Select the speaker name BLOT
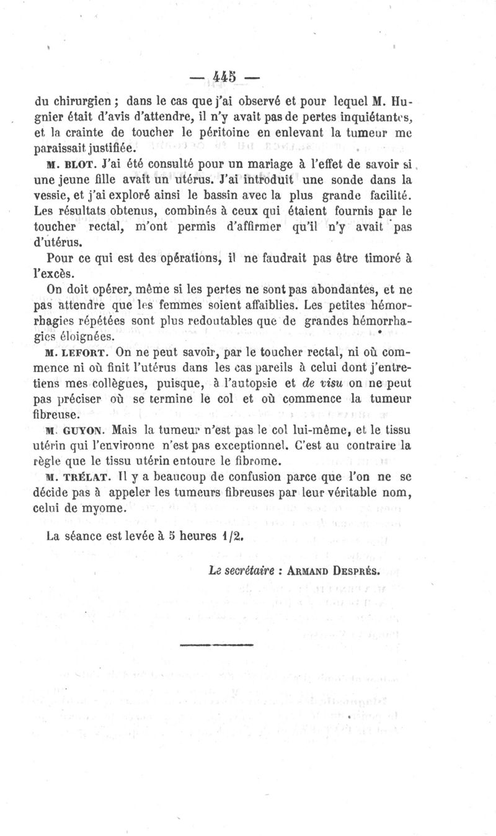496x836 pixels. click(77, 165)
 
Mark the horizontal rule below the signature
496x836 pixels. click(218, 645)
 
